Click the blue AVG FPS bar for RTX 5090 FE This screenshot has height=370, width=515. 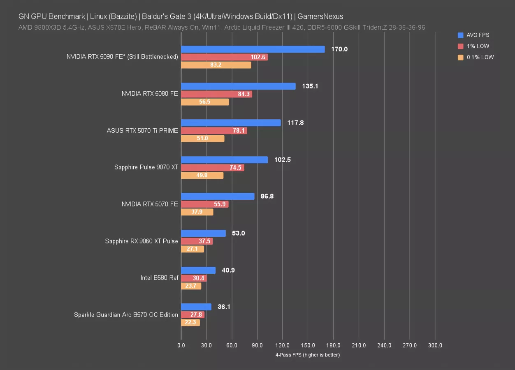253,49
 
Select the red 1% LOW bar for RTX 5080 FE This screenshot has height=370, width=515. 216,94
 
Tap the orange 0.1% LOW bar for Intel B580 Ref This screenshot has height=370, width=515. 191,286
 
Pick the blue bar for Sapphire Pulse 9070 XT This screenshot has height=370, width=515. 224,160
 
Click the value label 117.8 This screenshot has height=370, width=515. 295,123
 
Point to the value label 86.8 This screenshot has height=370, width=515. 267,197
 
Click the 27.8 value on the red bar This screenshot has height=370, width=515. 196,314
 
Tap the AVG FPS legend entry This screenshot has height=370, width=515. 478,35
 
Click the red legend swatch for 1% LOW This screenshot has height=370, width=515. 460,46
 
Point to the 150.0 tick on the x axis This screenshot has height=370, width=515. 308,346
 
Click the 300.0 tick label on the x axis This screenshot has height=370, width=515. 435,346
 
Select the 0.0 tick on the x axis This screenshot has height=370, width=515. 181,346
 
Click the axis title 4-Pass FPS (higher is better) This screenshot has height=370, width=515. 308,355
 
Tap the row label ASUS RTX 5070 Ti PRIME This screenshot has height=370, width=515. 142,131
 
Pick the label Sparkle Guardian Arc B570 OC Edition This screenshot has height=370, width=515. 126,315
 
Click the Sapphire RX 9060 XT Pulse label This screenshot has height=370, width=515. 142,241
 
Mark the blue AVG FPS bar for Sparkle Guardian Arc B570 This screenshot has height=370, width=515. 196,307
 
